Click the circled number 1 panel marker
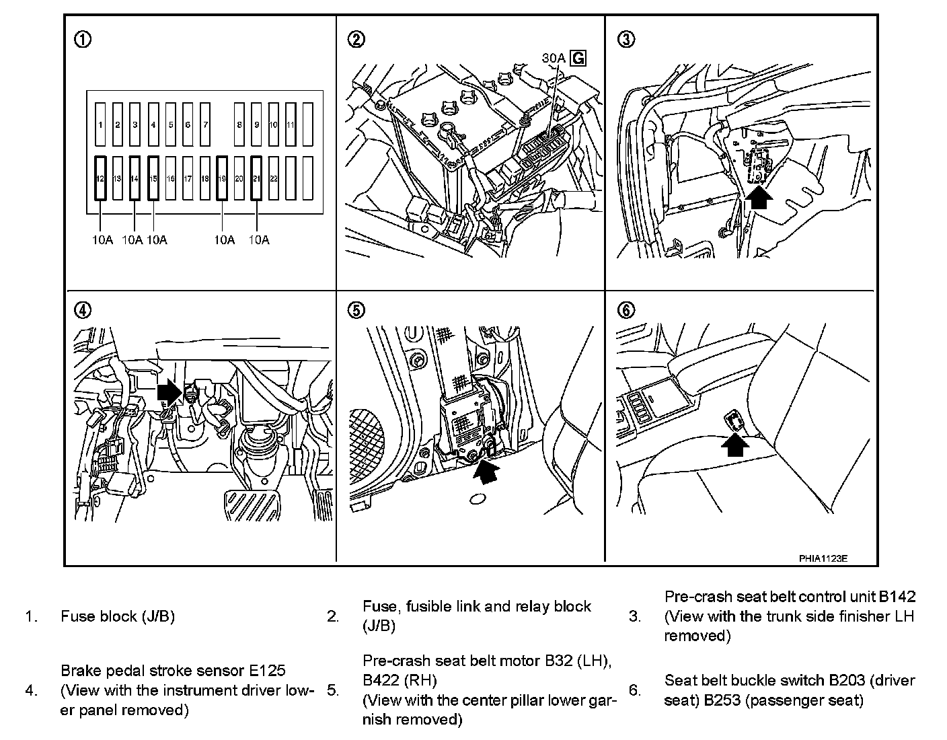[x=83, y=40]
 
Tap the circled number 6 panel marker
[x=626, y=310]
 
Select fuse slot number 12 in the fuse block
[x=100, y=178]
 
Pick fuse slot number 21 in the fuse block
[x=256, y=178]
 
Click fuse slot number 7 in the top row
[x=205, y=124]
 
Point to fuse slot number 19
[x=222, y=178]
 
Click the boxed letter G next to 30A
[x=578, y=59]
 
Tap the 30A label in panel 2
[x=554, y=59]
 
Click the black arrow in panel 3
[x=759, y=198]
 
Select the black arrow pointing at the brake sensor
[x=169, y=392]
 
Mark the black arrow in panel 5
[x=488, y=470]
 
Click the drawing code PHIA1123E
[x=823, y=558]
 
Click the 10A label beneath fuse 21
[x=258, y=240]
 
